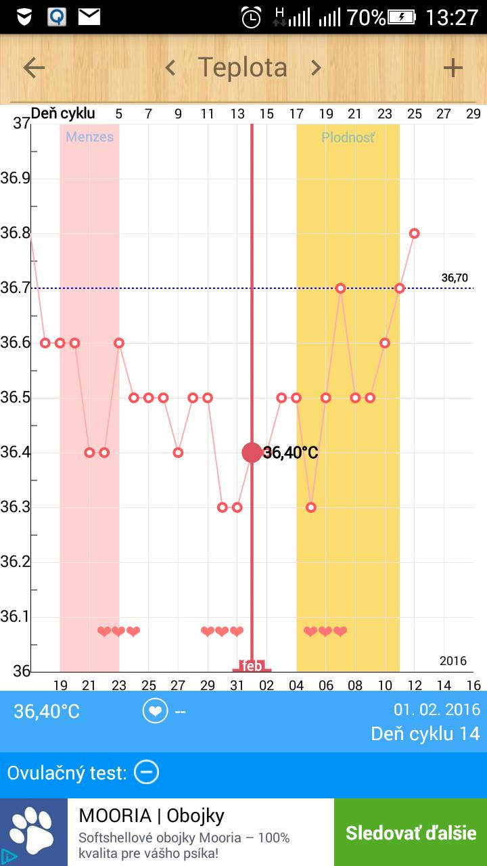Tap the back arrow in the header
(x=34, y=68)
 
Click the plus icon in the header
(x=453, y=68)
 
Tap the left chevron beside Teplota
(x=170, y=68)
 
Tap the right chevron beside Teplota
(x=315, y=68)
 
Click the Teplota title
(x=242, y=68)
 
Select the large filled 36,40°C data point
(x=252, y=453)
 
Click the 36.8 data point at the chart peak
(x=415, y=233)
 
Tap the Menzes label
(x=89, y=137)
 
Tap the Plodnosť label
(x=348, y=137)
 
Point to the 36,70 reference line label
(x=455, y=277)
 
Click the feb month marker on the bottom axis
(x=252, y=666)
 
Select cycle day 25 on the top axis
(x=414, y=114)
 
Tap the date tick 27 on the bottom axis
(x=178, y=685)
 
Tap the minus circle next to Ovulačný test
(x=146, y=772)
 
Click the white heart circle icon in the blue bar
(x=155, y=711)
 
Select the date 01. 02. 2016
(x=436, y=710)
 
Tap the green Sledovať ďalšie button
(x=411, y=832)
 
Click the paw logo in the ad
(x=34, y=832)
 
